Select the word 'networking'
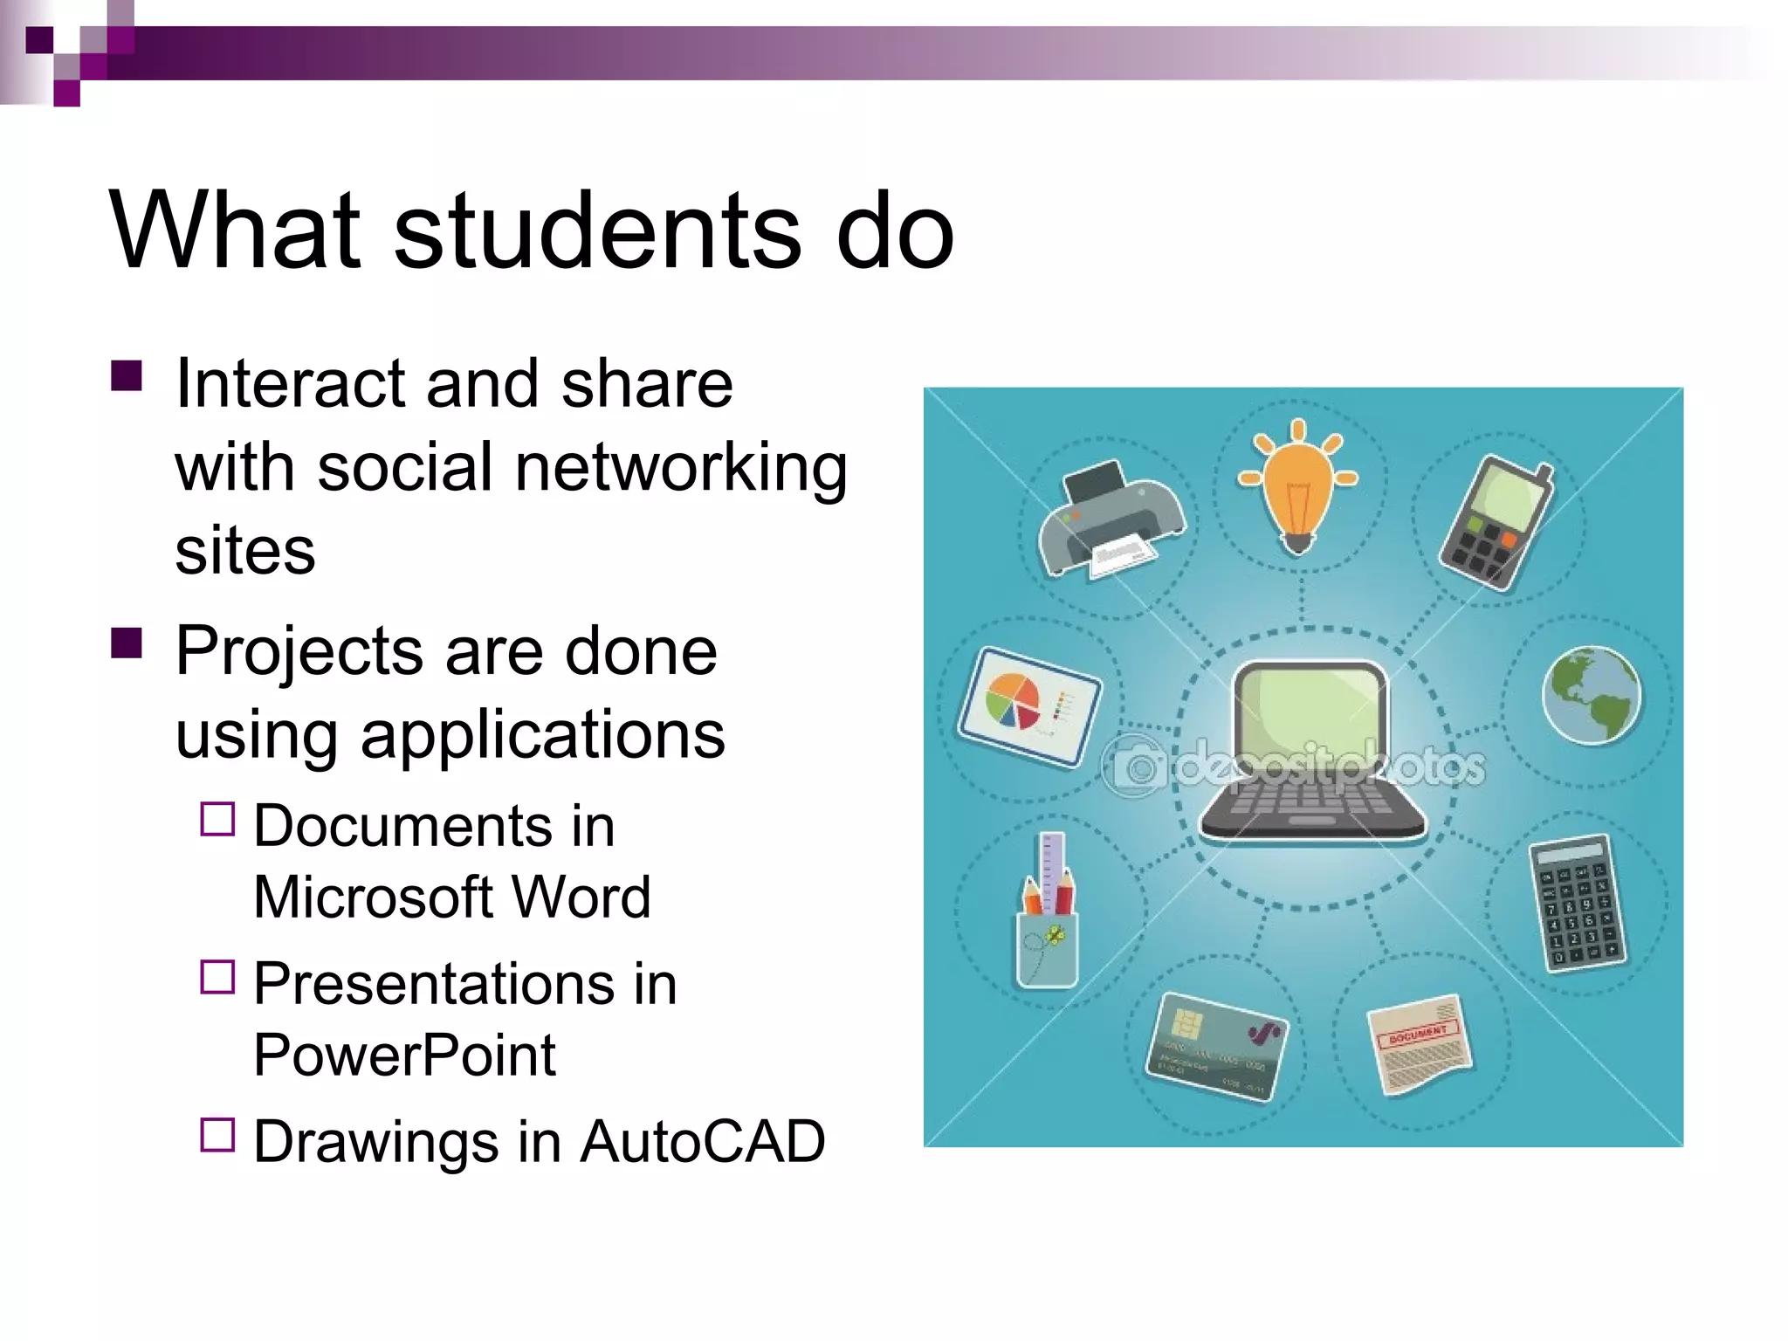[681, 467]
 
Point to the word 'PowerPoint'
[404, 1055]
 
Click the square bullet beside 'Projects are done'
[127, 643]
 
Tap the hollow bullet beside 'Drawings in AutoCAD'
[217, 1135]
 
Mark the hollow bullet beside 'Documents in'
[217, 820]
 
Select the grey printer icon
[1110, 517]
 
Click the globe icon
[1591, 694]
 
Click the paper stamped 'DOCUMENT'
[1420, 1042]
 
